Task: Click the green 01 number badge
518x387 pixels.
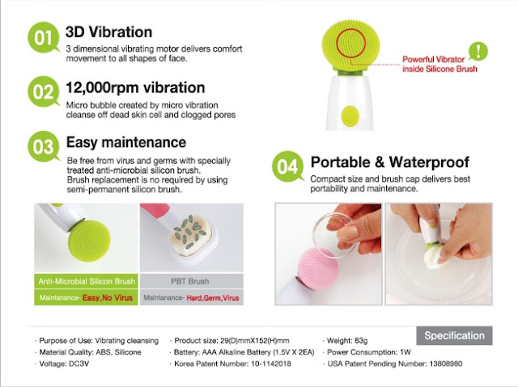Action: tap(43, 37)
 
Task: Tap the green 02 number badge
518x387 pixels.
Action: tap(43, 91)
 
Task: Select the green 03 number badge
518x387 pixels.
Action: tap(43, 146)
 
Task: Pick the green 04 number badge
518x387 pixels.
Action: tap(288, 166)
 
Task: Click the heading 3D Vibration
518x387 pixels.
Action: tap(109, 32)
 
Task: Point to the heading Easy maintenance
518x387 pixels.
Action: tap(126, 142)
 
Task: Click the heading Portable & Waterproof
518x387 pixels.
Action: tap(390, 162)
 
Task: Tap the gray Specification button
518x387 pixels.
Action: tap(454, 335)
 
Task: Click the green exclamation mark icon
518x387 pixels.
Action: tap(478, 51)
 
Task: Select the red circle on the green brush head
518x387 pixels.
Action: tap(350, 43)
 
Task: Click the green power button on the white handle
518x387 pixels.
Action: tap(350, 116)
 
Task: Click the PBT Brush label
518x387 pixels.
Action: tap(190, 281)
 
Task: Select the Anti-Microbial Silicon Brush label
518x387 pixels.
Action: tap(87, 281)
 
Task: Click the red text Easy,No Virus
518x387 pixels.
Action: tap(108, 297)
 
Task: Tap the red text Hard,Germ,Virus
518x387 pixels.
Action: tap(213, 298)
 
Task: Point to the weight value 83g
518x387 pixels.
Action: tap(361, 340)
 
